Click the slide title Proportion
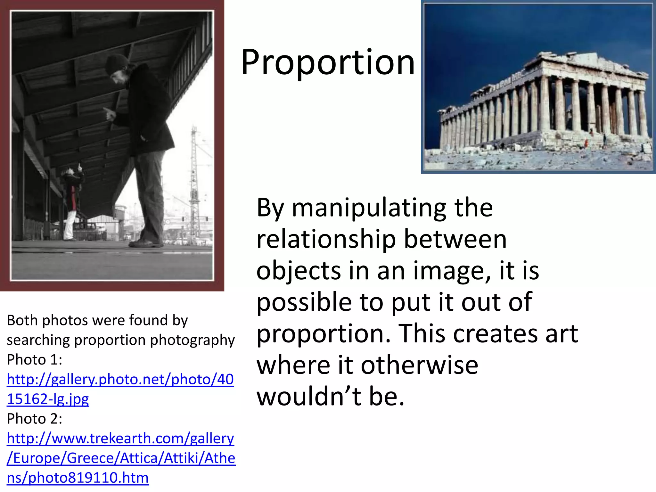coord(328,62)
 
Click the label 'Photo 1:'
coord(35,360)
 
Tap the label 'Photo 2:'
coord(35,419)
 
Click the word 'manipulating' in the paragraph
coord(369,208)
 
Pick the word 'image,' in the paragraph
coord(452,271)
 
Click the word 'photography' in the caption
coord(193,340)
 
